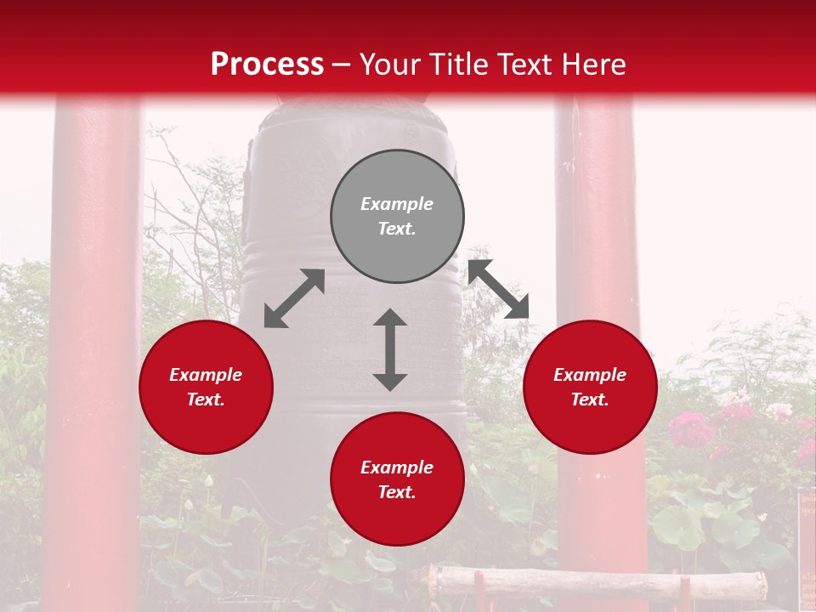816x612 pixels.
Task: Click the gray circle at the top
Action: [397, 217]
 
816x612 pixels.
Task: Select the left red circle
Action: [206, 388]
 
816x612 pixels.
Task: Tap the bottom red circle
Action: [397, 479]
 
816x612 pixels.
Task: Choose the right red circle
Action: [590, 388]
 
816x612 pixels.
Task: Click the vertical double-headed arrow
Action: [390, 349]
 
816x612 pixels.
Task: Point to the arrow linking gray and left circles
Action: [294, 298]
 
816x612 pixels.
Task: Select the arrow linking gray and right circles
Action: [498, 289]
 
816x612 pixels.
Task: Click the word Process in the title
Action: [267, 64]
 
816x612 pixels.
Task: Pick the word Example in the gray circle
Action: [397, 204]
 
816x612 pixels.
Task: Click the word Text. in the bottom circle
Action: [397, 492]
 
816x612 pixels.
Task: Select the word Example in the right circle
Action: [590, 375]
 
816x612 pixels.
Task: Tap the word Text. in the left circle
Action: [206, 399]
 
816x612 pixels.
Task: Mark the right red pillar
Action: [599, 255]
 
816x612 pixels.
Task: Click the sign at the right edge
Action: [807, 544]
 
